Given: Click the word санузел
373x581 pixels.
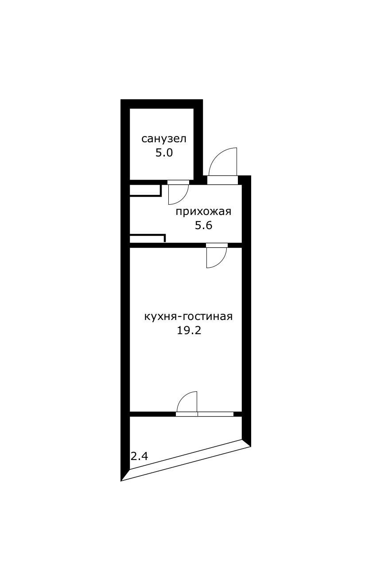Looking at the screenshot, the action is click(x=164, y=139).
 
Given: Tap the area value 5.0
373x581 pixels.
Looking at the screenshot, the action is click(x=164, y=153).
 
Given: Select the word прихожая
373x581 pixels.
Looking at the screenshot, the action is click(x=203, y=212).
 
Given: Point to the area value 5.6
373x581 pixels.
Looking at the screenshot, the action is click(x=203, y=225).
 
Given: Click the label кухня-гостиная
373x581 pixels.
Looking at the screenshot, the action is click(x=188, y=316).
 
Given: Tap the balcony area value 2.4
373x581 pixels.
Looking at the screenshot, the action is click(x=139, y=456).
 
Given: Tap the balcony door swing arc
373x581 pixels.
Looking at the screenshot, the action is click(x=183, y=396).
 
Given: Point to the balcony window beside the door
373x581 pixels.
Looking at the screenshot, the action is click(x=215, y=414).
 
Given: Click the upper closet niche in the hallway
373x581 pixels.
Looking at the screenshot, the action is click(x=145, y=191).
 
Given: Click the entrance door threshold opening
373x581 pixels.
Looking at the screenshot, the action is click(x=222, y=180).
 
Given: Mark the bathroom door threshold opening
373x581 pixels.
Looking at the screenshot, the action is click(x=179, y=182).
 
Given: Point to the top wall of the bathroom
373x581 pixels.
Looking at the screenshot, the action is click(x=162, y=104).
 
